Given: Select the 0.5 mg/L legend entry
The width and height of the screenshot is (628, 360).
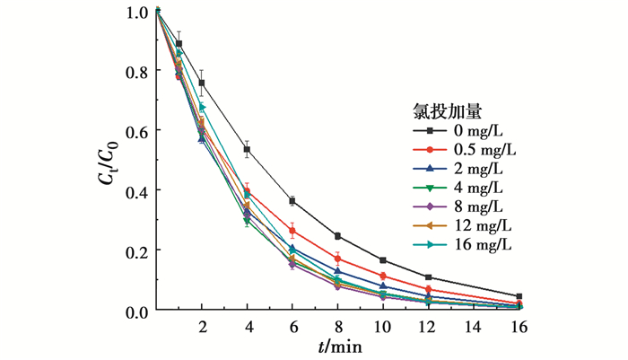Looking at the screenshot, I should click(458, 149).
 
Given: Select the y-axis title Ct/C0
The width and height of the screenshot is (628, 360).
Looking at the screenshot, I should click(116, 161).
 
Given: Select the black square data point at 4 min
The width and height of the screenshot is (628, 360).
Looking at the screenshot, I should click(248, 150).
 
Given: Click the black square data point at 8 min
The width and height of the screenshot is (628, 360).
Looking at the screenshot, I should click(337, 236).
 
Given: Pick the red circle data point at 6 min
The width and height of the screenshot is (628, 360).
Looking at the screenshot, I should click(292, 232).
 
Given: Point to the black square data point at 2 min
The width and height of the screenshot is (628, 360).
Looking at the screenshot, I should click(203, 83).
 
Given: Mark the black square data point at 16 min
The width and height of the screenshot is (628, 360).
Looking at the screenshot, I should click(518, 296).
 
